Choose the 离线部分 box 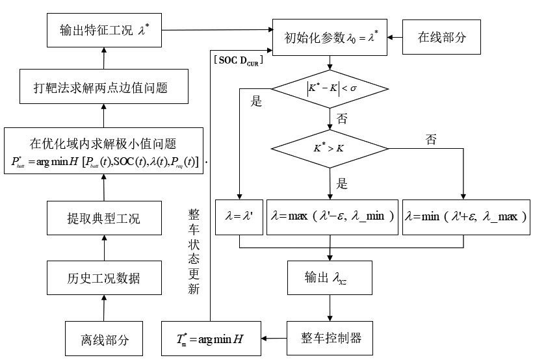click(104, 339)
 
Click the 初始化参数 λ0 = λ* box click(331, 36)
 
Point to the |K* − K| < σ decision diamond click(331, 88)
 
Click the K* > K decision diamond click(331, 148)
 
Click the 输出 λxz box click(331, 279)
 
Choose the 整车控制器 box click(331, 338)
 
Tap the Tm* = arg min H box click(211, 338)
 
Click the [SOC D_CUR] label click(238, 60)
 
